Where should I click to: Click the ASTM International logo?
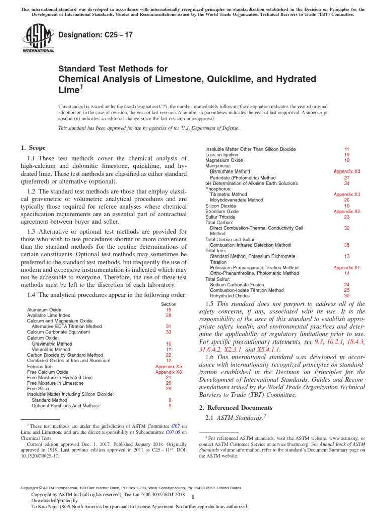tap(38, 40)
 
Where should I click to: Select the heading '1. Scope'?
tap(33, 148)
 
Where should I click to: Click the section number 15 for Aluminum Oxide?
tap(169, 310)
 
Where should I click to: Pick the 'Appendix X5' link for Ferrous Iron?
tap(169, 367)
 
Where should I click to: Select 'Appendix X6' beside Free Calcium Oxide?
tap(169, 372)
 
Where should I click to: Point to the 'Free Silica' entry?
tap(38, 389)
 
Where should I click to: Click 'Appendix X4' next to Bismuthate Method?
tap(347, 171)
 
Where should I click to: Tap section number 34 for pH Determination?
tap(347, 183)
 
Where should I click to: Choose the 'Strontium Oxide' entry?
tap(222, 211)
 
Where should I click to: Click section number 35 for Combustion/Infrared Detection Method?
tap(347, 245)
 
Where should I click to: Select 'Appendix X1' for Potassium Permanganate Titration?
tap(347, 268)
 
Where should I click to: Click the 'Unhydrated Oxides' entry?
tap(229, 296)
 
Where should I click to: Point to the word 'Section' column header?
tap(169, 304)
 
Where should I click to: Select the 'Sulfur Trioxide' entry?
tap(222, 217)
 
